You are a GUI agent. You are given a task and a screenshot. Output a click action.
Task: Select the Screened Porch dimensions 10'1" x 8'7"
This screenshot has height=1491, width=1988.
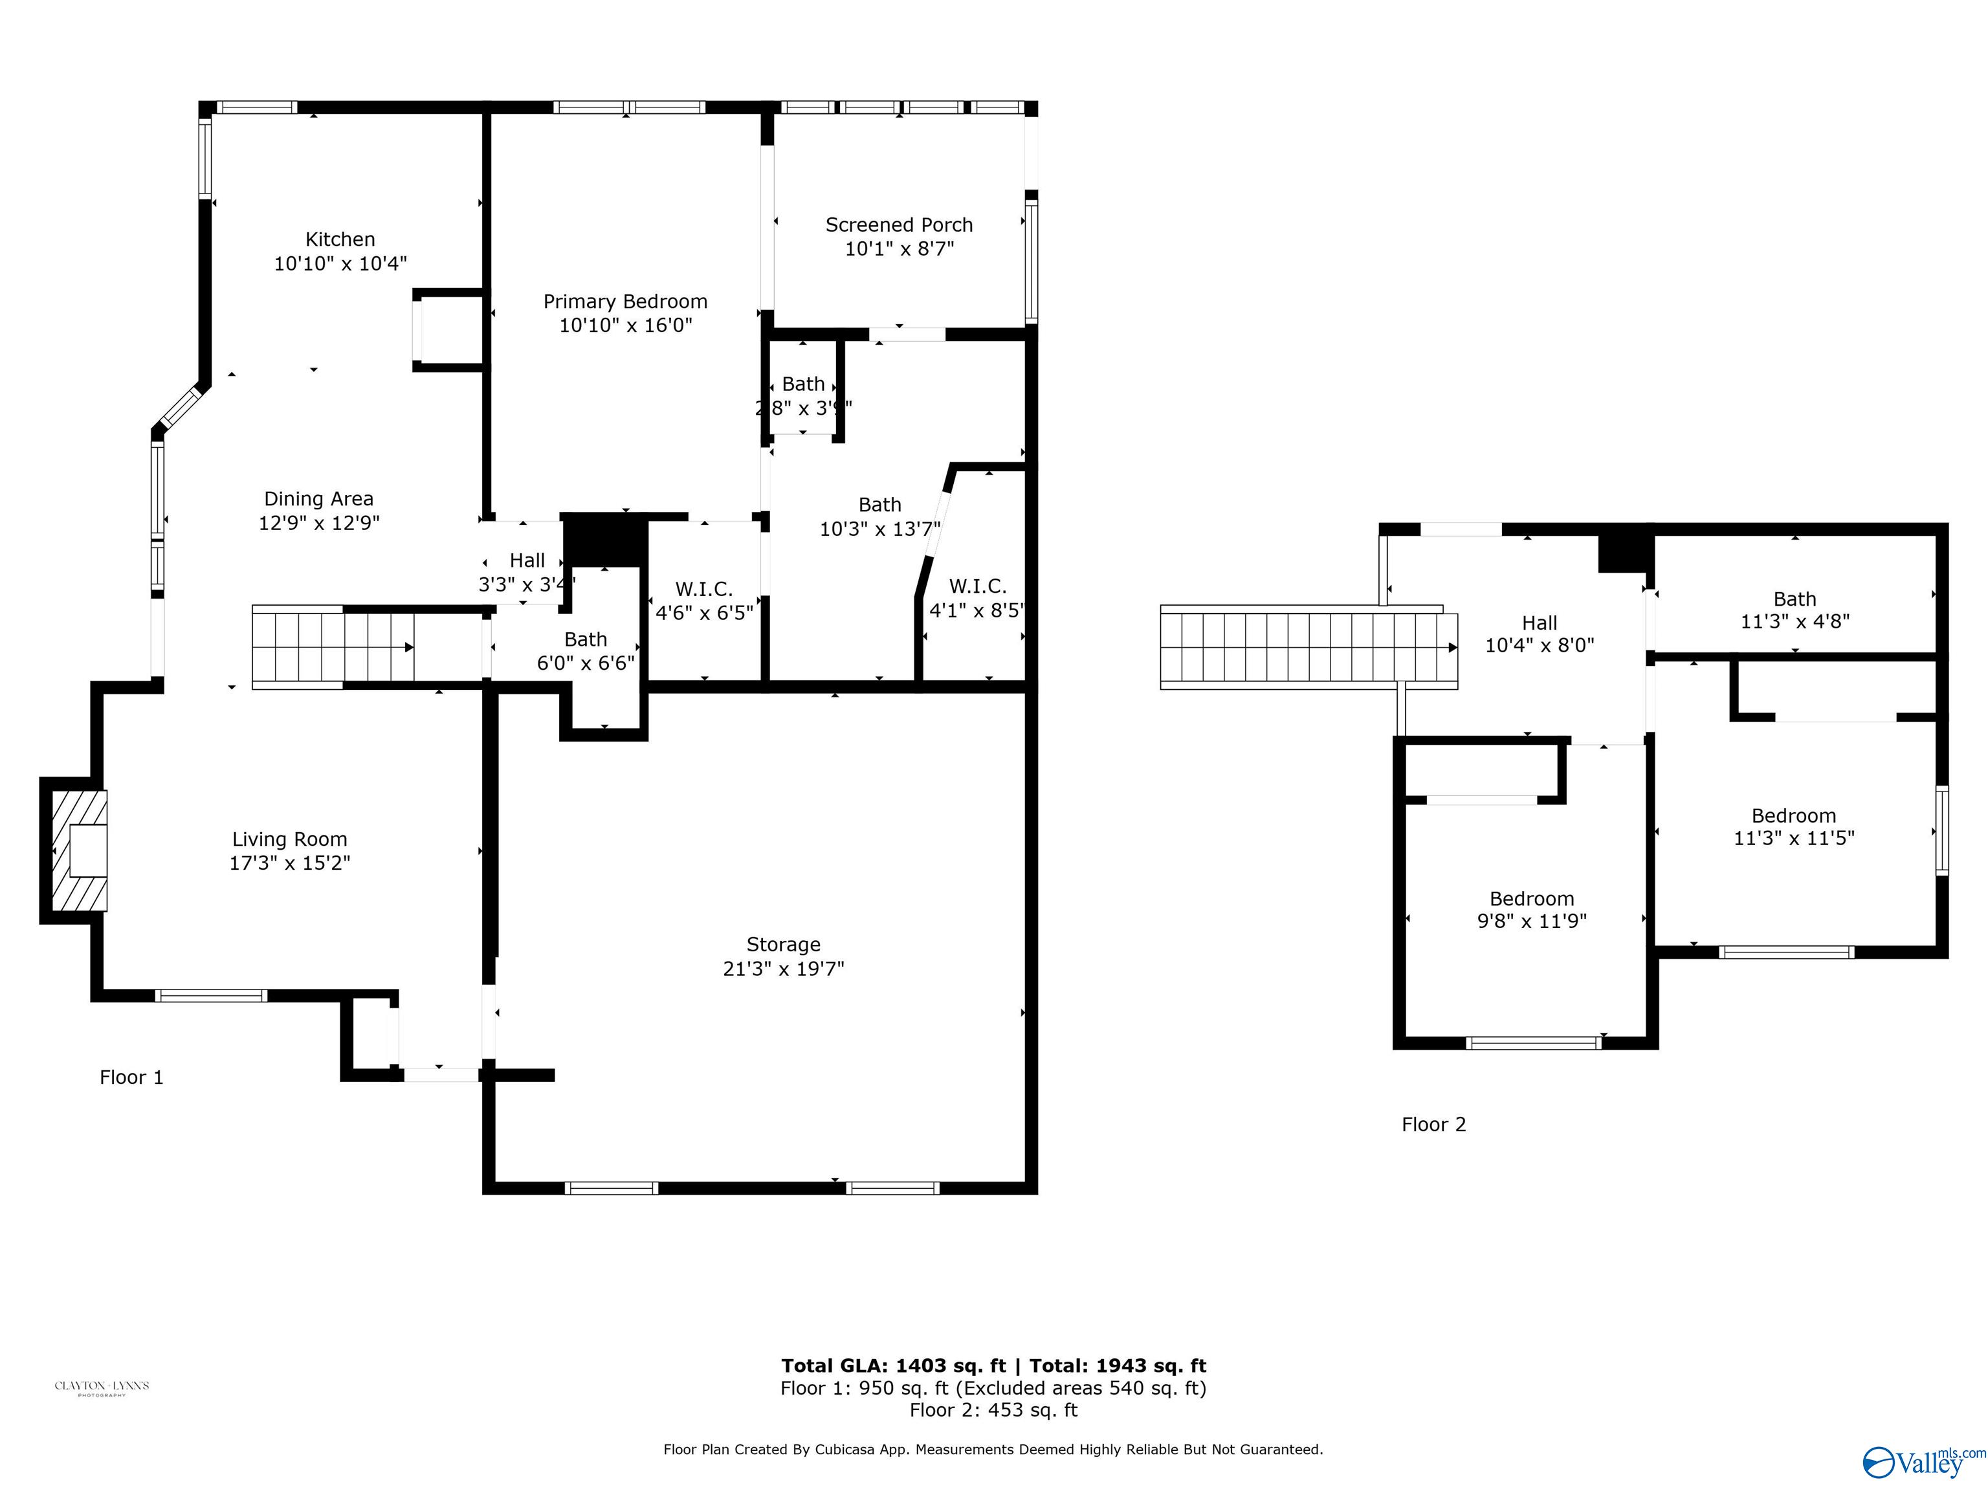click(x=899, y=249)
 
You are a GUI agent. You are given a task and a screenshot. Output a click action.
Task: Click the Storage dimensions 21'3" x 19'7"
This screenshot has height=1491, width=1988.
click(x=783, y=969)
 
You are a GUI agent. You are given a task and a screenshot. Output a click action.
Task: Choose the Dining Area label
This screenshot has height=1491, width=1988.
click(x=318, y=499)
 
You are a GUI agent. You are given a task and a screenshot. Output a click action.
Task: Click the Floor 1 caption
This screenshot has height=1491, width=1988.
click(x=131, y=1077)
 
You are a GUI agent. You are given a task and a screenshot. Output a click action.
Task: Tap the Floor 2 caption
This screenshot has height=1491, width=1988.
click(x=1433, y=1124)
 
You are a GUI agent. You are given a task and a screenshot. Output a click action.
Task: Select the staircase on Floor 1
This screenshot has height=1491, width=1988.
click(x=333, y=647)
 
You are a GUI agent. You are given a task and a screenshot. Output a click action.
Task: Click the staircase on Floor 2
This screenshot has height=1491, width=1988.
click(x=1308, y=648)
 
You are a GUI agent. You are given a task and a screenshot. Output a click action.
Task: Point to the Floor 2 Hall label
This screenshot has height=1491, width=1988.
click(x=1539, y=623)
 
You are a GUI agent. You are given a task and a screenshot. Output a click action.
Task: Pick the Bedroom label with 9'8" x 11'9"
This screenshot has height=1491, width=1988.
click(x=1531, y=899)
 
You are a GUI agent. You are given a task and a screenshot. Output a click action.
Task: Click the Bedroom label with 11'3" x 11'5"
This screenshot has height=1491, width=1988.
click(x=1793, y=816)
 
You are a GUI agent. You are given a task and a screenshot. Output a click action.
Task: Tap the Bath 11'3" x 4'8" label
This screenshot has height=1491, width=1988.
click(x=1794, y=599)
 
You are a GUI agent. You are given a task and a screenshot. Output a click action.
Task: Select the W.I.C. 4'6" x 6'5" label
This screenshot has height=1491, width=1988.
click(x=703, y=590)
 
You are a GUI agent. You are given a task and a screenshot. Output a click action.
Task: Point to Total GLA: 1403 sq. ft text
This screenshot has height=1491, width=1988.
click(x=892, y=1366)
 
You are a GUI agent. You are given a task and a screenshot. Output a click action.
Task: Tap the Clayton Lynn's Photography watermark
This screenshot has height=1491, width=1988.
click(x=102, y=1387)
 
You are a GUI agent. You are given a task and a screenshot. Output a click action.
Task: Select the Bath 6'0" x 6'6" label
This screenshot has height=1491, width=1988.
click(x=585, y=640)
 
